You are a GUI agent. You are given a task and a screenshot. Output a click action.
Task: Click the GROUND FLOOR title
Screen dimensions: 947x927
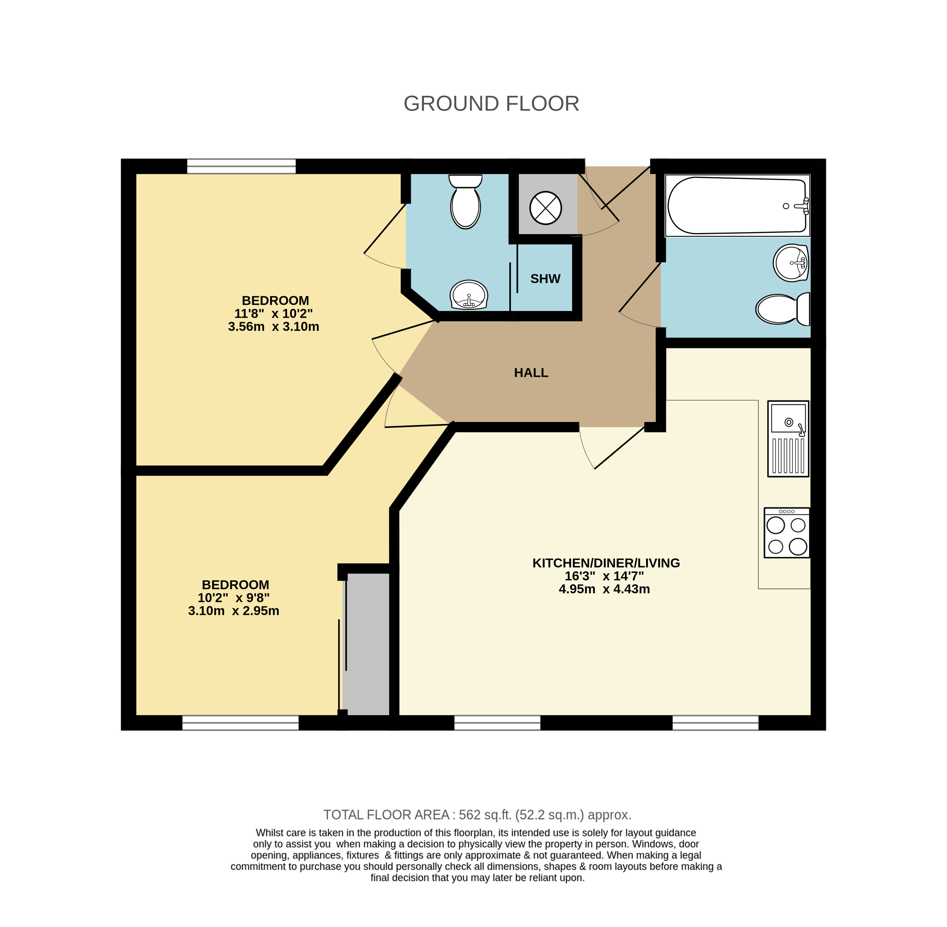coord(491,104)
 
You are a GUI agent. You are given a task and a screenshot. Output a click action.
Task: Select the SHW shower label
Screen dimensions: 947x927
coord(545,279)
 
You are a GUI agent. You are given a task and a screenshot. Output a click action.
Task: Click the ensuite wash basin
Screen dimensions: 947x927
coord(469,295)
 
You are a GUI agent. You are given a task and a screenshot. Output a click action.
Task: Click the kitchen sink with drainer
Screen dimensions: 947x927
coord(788,438)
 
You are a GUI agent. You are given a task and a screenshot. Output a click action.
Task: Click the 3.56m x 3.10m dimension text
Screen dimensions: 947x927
coord(273,327)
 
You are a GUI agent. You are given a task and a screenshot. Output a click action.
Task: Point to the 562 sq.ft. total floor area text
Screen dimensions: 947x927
coord(477,814)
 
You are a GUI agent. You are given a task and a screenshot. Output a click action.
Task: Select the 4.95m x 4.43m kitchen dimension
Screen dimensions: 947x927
coord(604,589)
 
